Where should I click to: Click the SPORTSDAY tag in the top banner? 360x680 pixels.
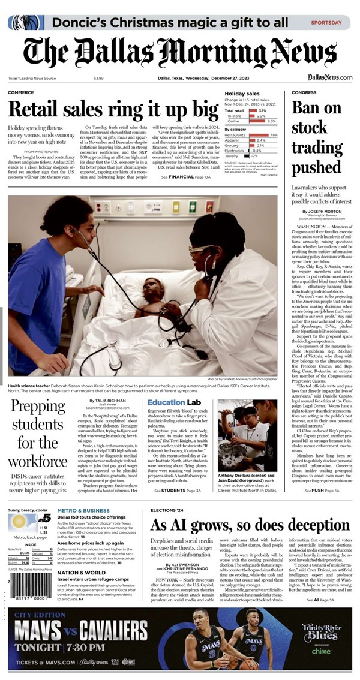[326, 22]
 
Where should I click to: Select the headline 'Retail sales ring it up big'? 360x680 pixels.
[113, 110]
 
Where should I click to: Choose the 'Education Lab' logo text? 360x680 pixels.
[174, 402]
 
